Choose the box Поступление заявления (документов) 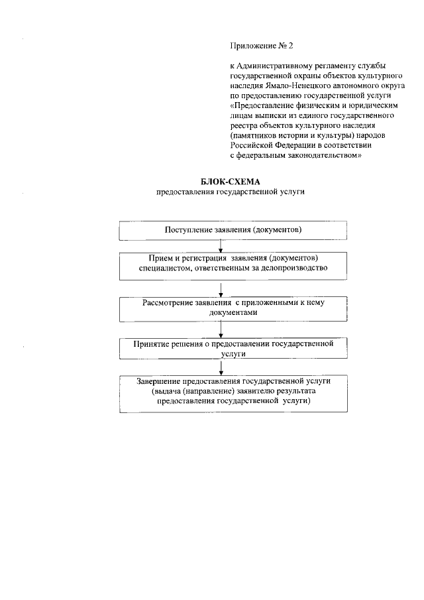[x=233, y=229]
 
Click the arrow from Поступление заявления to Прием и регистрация [x=219, y=246]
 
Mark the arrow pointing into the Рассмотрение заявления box [x=219, y=289]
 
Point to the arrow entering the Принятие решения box [x=219, y=331]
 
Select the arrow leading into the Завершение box [x=219, y=368]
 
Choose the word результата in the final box [x=291, y=392]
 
